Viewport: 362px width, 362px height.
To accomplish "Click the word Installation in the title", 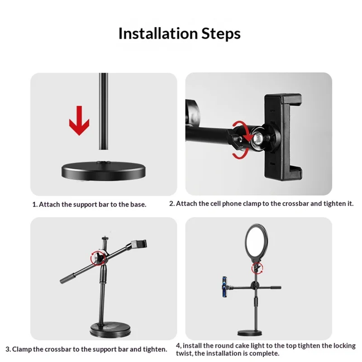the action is click(158, 33).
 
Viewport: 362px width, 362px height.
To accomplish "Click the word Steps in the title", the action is click(221, 34).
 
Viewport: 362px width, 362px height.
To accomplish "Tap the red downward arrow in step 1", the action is click(79, 120).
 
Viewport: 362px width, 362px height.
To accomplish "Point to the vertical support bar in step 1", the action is click(104, 111).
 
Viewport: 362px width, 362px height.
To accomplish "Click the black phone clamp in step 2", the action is click(283, 137).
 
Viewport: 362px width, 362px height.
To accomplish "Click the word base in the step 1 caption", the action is click(138, 205).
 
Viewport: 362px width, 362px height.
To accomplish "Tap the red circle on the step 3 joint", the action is click(98, 257).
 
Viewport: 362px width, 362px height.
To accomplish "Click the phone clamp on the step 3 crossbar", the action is click(139, 244).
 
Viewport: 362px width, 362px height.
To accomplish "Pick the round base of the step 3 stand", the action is click(110, 329).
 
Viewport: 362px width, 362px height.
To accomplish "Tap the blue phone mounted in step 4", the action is click(224, 286).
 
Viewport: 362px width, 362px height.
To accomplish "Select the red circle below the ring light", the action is click(257, 268).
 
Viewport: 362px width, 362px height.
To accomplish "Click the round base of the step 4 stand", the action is click(250, 333).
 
